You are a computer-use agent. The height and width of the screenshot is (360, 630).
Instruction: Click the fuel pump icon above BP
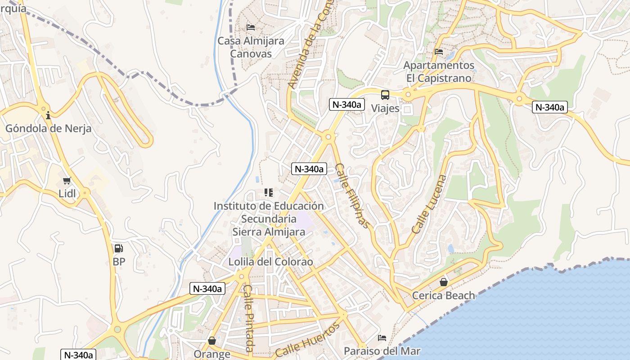pyautogui.click(x=118, y=248)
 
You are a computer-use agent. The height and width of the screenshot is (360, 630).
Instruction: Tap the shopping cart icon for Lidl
pyautogui.click(x=67, y=180)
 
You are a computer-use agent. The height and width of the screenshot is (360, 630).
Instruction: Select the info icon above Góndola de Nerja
pyautogui.click(x=48, y=115)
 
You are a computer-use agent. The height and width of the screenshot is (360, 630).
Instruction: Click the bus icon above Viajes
pyautogui.click(x=385, y=95)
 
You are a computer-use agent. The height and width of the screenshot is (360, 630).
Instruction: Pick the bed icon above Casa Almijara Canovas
pyautogui.click(x=251, y=27)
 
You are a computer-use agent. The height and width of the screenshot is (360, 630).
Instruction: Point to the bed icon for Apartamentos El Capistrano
pyautogui.click(x=439, y=52)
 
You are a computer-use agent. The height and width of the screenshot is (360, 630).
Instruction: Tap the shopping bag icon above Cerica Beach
pyautogui.click(x=444, y=282)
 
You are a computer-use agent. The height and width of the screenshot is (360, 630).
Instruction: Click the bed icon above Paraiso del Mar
pyautogui.click(x=382, y=337)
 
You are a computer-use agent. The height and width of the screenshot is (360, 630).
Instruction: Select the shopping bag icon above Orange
pyautogui.click(x=212, y=341)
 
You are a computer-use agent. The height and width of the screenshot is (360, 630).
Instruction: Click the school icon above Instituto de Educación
pyautogui.click(x=269, y=193)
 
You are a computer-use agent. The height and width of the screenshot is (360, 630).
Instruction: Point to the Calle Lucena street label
pyautogui.click(x=430, y=204)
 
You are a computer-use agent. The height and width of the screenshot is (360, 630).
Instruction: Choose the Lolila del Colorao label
pyautogui.click(x=270, y=262)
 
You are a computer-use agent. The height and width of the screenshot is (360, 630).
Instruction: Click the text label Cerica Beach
pyautogui.click(x=444, y=296)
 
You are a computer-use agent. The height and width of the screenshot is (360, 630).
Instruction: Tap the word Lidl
pyautogui.click(x=67, y=193)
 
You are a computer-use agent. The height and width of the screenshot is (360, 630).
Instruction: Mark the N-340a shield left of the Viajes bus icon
pyautogui.click(x=346, y=104)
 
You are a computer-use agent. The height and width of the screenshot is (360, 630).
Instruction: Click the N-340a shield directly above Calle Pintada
pyautogui.click(x=207, y=288)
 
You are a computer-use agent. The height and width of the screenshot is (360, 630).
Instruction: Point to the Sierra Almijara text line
pyautogui.click(x=269, y=232)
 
